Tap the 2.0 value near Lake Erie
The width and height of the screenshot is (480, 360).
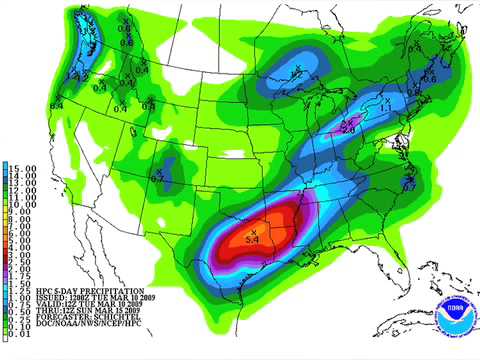point(348,129)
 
